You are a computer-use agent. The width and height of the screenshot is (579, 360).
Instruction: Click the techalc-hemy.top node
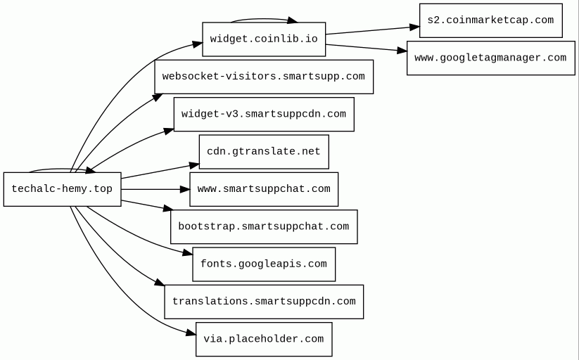point(63,189)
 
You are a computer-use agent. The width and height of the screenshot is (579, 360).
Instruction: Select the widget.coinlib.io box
point(264,39)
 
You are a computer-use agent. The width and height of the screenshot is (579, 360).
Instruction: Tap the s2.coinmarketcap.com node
point(491,20)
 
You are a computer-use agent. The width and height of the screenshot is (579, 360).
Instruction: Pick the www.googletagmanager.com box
point(491,58)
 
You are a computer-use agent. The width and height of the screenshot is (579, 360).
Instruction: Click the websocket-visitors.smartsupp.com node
point(264,77)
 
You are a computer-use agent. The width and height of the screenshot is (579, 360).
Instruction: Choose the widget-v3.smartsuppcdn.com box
point(264,114)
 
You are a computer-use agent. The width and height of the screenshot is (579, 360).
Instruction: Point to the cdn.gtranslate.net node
point(264,152)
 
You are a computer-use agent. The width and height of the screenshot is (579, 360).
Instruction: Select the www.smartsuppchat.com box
point(264,189)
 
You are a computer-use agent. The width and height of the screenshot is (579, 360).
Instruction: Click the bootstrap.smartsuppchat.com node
point(264,226)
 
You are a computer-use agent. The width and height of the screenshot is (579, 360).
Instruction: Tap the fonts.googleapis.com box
point(264,264)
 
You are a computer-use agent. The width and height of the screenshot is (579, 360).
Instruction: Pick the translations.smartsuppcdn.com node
point(264,302)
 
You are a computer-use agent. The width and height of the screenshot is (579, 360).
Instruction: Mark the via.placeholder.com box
point(264,339)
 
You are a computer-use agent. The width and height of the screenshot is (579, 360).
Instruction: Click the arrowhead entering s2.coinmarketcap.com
point(414,27)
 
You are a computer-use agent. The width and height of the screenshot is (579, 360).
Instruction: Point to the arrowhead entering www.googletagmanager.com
point(402,51)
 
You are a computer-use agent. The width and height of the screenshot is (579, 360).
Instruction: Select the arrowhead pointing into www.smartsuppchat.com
point(185,189)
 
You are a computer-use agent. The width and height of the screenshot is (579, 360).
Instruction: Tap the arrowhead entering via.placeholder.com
point(191,333)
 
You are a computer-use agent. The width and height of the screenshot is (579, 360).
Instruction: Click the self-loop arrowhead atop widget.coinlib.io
point(293,20)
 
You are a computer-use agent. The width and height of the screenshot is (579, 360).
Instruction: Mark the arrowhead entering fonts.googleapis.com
point(188,252)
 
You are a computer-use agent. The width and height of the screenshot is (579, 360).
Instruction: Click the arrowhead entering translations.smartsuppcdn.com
point(160,283)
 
